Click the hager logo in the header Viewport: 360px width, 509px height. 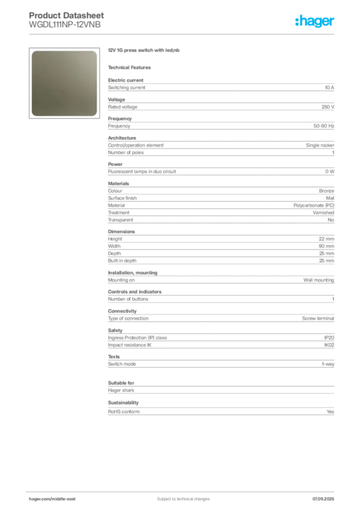314,21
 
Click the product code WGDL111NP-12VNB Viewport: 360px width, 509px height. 65,25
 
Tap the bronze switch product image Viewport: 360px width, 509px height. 64,83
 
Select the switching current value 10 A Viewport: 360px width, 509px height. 329,87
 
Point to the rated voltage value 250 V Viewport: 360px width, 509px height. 328,107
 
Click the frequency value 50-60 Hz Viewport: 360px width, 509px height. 324,126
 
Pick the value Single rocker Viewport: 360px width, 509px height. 320,146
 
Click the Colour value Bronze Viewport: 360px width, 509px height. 327,191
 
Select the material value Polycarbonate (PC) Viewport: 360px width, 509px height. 314,205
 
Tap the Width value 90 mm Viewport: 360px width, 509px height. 326,247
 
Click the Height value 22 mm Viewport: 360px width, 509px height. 326,239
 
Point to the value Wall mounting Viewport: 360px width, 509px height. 318,280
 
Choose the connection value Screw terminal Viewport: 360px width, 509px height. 318,319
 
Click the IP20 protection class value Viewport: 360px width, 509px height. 329,338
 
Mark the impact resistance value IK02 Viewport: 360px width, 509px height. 329,345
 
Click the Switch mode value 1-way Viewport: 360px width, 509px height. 328,364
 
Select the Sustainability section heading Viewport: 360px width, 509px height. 123,403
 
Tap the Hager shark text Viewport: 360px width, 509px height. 121,391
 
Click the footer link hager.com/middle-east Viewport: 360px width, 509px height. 52,499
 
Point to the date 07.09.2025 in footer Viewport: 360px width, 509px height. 323,499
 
